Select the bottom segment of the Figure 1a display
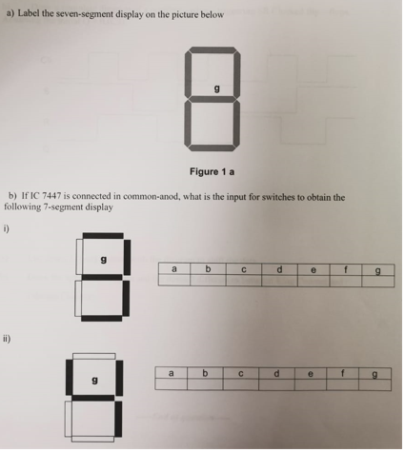(216, 148)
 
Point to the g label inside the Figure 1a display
(217, 88)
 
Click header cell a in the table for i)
(174, 269)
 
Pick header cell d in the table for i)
(278, 269)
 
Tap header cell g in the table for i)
(378, 270)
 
